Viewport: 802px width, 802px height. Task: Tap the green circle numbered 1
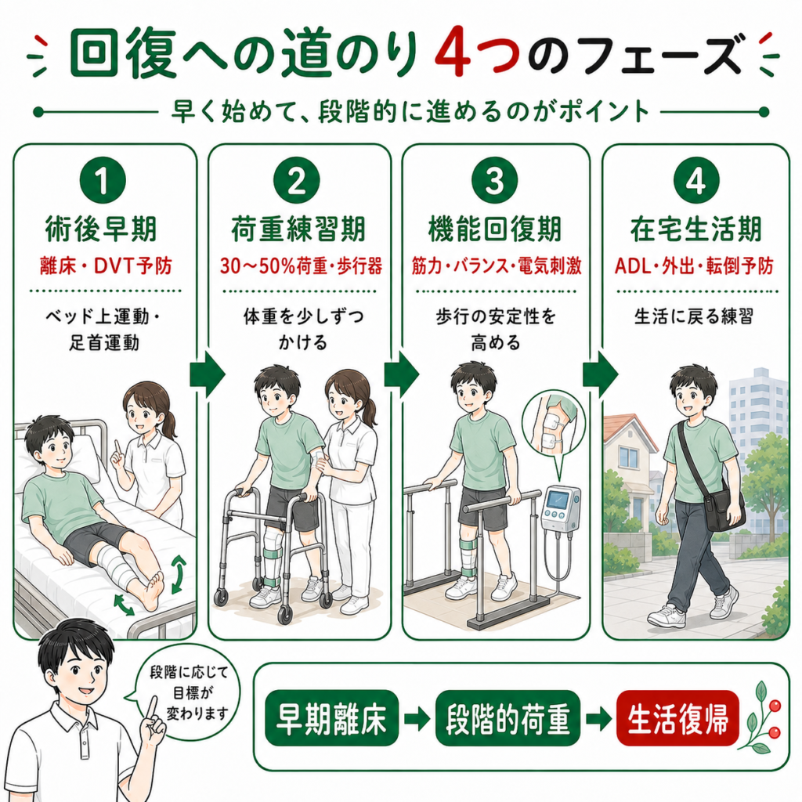click(x=103, y=181)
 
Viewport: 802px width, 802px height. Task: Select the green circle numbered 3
click(x=494, y=181)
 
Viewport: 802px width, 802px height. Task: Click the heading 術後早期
click(x=101, y=229)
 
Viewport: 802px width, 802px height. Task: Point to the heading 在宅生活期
click(x=695, y=229)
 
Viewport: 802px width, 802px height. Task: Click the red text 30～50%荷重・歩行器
click(x=301, y=266)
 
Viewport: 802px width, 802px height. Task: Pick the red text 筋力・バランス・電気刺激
click(x=496, y=266)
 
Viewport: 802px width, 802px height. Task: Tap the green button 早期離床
click(x=331, y=718)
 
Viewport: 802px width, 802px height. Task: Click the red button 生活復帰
click(x=677, y=718)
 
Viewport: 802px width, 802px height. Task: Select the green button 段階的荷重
click(x=508, y=718)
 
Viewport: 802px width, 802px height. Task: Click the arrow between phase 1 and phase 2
click(x=207, y=374)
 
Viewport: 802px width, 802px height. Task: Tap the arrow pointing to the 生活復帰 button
click(x=598, y=719)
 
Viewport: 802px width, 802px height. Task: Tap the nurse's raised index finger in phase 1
click(x=117, y=446)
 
